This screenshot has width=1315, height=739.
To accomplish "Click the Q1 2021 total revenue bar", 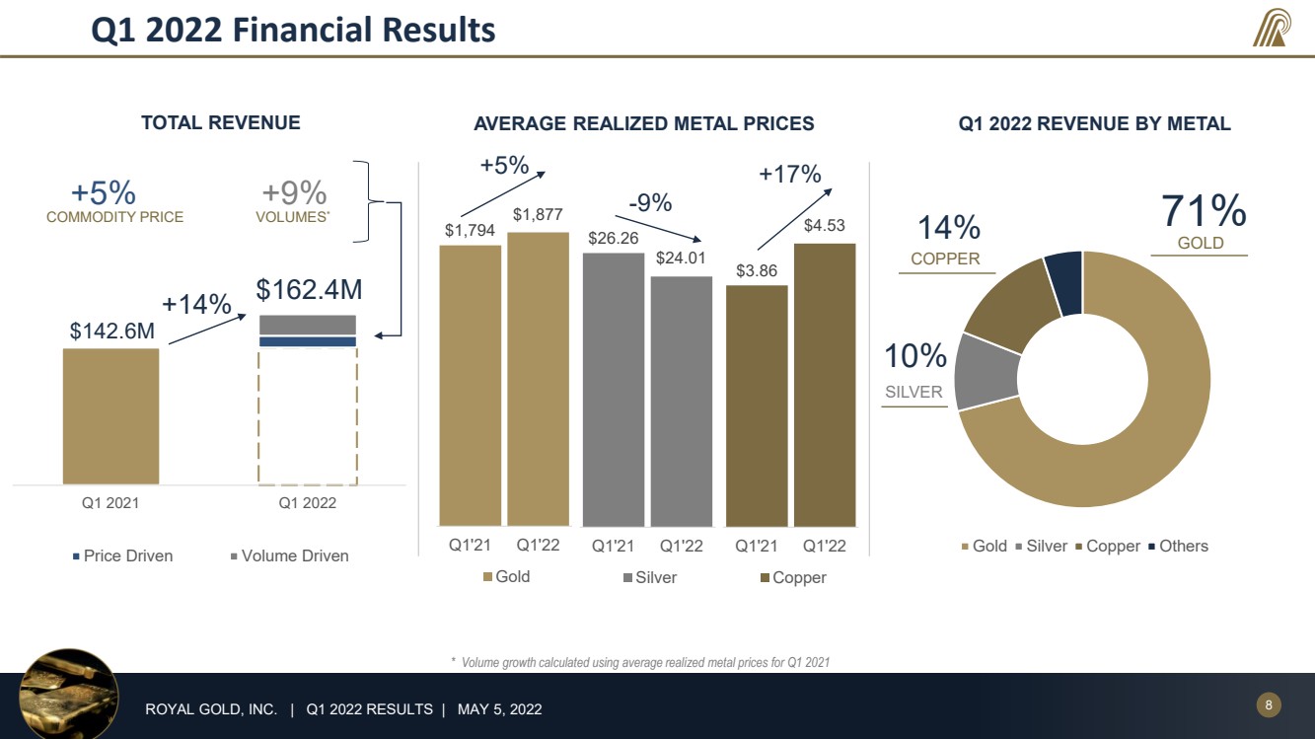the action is pyautogui.click(x=110, y=416).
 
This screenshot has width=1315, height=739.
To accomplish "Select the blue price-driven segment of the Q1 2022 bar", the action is pyautogui.click(x=308, y=341).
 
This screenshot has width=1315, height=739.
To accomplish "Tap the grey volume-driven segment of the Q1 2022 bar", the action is pyautogui.click(x=308, y=326).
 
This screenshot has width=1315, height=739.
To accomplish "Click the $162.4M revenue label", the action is pyautogui.click(x=310, y=289).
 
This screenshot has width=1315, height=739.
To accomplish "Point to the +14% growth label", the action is pyautogui.click(x=196, y=304).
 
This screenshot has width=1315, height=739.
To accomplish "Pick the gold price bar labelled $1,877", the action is pyautogui.click(x=539, y=379).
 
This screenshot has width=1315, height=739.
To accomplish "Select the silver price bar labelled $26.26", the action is pyautogui.click(x=614, y=390).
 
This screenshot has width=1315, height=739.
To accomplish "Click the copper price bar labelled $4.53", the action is pyautogui.click(x=825, y=385).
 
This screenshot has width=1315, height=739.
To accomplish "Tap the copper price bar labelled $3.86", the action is pyautogui.click(x=757, y=406).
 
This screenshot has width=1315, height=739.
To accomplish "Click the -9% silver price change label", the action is pyautogui.click(x=650, y=203).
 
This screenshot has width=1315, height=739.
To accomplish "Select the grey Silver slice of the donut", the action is pyautogui.click(x=986, y=372).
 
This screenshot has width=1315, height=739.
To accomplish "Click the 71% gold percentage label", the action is pyautogui.click(x=1204, y=210).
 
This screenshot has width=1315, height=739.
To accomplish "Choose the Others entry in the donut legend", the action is pyautogui.click(x=1178, y=546).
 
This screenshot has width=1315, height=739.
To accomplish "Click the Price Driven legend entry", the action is pyautogui.click(x=122, y=555).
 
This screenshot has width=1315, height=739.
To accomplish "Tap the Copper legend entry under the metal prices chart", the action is pyautogui.click(x=794, y=577).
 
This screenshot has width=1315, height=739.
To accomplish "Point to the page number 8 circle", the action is pyautogui.click(x=1269, y=704).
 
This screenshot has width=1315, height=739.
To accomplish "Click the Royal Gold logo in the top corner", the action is pyautogui.click(x=1272, y=28).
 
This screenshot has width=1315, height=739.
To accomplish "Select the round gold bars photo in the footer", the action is pyautogui.click(x=69, y=694).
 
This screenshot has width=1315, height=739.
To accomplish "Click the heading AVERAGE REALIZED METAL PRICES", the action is pyautogui.click(x=644, y=124).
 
